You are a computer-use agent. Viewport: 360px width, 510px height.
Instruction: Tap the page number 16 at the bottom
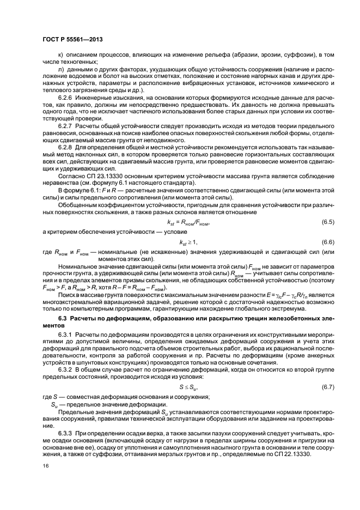(x=45, y=466)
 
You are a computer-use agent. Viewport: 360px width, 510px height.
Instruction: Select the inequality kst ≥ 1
(x=188, y=242)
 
